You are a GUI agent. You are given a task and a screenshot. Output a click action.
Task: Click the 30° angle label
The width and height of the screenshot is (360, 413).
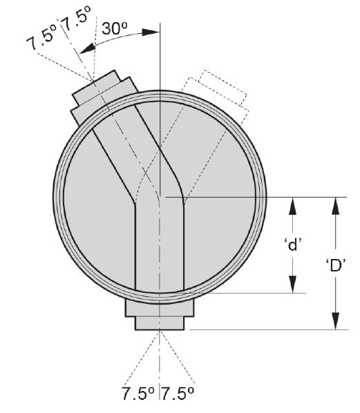(x=115, y=28)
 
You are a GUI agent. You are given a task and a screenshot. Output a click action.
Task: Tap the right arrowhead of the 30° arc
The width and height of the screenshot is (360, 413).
(x=151, y=32)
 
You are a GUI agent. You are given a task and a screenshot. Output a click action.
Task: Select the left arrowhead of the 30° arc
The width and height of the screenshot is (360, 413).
(x=87, y=49)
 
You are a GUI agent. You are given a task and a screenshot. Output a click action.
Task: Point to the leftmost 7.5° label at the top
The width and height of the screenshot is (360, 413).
(x=42, y=39)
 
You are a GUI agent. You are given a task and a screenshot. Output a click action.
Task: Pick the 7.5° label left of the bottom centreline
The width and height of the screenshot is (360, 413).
(x=138, y=394)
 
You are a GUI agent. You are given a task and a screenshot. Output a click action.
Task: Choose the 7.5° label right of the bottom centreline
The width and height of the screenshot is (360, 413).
(x=178, y=394)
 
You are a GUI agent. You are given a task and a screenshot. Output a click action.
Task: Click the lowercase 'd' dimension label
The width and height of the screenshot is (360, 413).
(x=293, y=244)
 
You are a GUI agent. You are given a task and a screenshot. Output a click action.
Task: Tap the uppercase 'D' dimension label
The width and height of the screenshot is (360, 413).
(x=336, y=265)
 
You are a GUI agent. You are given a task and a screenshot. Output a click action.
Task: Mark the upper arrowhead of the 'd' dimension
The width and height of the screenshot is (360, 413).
(x=292, y=206)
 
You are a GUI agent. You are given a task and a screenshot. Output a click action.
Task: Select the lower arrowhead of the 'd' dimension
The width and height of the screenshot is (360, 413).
(x=292, y=284)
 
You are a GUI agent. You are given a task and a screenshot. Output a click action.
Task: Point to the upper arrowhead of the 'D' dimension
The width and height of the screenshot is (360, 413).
(x=335, y=206)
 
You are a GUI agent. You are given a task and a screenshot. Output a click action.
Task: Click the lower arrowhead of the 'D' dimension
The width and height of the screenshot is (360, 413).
(x=335, y=320)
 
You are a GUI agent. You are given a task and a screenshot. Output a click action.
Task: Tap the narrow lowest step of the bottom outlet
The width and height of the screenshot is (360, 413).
(x=160, y=323)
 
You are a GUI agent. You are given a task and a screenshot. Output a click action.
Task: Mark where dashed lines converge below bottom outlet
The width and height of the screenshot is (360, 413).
(x=160, y=332)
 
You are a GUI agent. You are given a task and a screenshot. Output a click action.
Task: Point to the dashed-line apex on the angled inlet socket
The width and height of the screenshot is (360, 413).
(x=93, y=80)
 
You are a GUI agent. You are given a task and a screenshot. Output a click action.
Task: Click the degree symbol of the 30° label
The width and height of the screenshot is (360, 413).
(x=124, y=25)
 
